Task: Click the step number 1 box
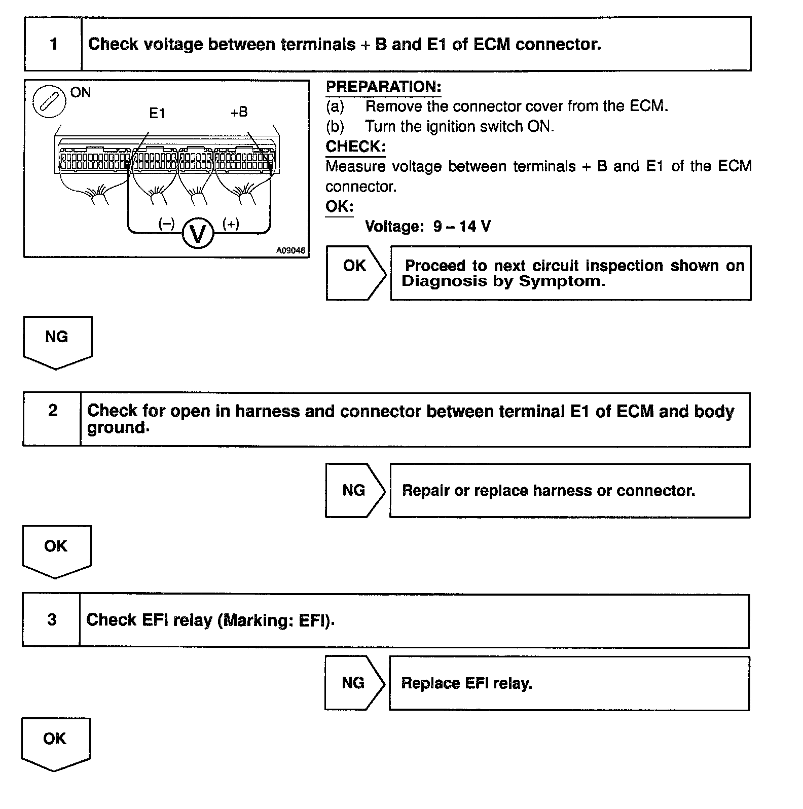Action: pyautogui.click(x=53, y=44)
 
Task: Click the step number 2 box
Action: pyautogui.click(x=52, y=419)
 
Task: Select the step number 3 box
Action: pyautogui.click(x=52, y=620)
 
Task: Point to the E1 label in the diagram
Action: pyautogui.click(x=157, y=114)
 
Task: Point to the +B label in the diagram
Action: pyautogui.click(x=239, y=112)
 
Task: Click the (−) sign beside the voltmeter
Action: pyautogui.click(x=166, y=224)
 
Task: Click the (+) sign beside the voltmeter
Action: pyautogui.click(x=231, y=224)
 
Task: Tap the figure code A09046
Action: pyautogui.click(x=290, y=250)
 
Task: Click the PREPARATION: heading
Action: pyautogui.click(x=383, y=87)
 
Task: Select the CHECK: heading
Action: pyautogui.click(x=355, y=146)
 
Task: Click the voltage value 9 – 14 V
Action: pyautogui.click(x=462, y=226)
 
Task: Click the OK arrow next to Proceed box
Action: pyautogui.click(x=355, y=273)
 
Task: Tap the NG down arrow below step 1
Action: pyautogui.click(x=57, y=341)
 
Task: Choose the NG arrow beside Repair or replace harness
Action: pyautogui.click(x=354, y=490)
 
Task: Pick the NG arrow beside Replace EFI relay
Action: pyautogui.click(x=354, y=683)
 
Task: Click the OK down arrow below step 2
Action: pyautogui.click(x=56, y=550)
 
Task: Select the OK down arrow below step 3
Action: pyautogui.click(x=55, y=743)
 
